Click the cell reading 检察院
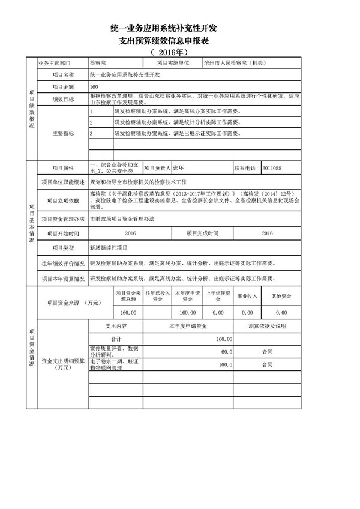tap(97, 62)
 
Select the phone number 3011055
tap(274, 169)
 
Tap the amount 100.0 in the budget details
tap(225, 364)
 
